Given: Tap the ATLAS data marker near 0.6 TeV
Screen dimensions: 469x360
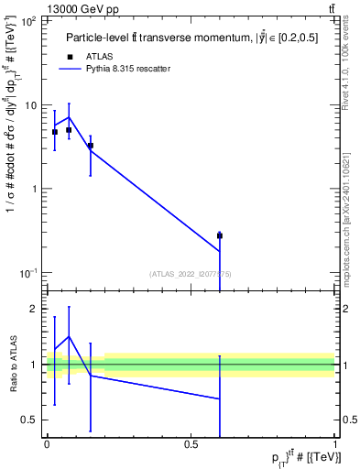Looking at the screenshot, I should (220, 235).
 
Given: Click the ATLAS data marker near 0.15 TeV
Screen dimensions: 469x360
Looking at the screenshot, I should (90, 146).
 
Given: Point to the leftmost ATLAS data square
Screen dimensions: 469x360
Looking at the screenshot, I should (55, 132).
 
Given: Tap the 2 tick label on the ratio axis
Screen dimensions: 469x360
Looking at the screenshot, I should (34, 310).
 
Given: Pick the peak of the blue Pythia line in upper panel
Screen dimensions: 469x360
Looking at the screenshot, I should (69, 116).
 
